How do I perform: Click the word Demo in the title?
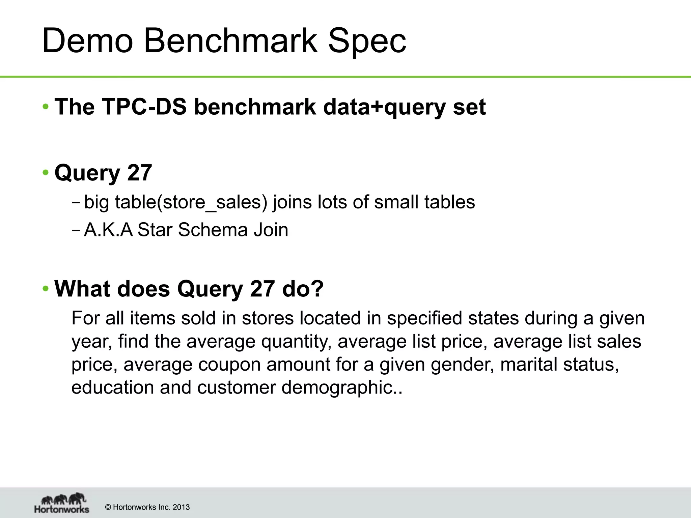[x=87, y=41]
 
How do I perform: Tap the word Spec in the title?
[x=367, y=41]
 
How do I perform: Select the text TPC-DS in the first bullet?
[x=144, y=107]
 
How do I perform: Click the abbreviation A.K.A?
[x=108, y=230]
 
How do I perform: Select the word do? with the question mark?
[x=303, y=289]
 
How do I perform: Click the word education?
[x=112, y=387]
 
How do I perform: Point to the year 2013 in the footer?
[x=181, y=507]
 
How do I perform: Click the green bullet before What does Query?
[x=46, y=289]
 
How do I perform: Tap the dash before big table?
[x=76, y=203]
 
